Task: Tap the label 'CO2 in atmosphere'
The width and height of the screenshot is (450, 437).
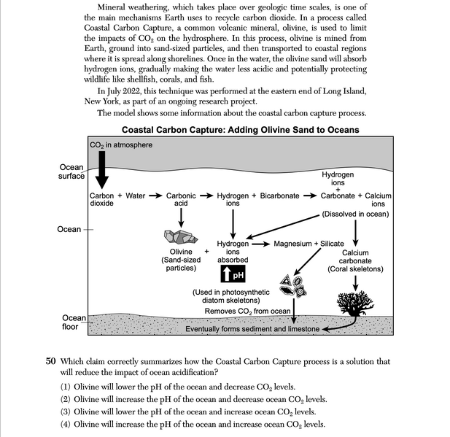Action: point(121,145)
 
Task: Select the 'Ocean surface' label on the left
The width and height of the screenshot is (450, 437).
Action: point(71,171)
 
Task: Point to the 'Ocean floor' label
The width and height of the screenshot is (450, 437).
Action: point(74,322)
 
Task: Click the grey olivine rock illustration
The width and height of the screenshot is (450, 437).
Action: point(179,236)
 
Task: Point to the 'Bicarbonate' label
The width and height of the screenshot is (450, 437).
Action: point(279,196)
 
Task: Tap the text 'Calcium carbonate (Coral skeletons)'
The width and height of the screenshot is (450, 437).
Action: point(355,260)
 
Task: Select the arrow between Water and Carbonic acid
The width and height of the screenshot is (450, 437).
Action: point(155,196)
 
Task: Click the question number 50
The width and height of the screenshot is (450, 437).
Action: point(50,361)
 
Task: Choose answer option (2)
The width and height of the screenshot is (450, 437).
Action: point(193,399)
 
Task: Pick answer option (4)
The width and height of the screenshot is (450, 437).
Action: point(193,424)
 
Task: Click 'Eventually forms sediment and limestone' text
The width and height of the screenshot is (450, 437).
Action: point(252,329)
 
